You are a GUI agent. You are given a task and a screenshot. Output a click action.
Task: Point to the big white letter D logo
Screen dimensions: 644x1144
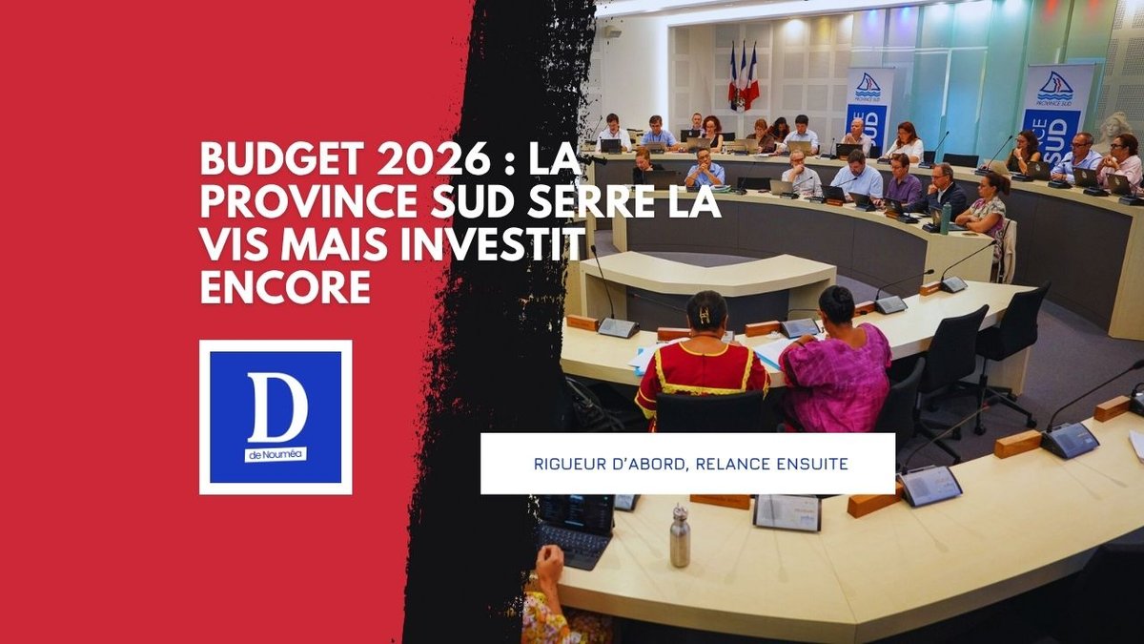(x=276, y=408)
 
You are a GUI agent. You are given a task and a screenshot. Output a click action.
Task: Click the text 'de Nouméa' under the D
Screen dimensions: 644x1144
(x=276, y=456)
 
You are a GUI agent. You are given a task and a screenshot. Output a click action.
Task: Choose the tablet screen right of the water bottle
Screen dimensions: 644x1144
(x=787, y=512)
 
